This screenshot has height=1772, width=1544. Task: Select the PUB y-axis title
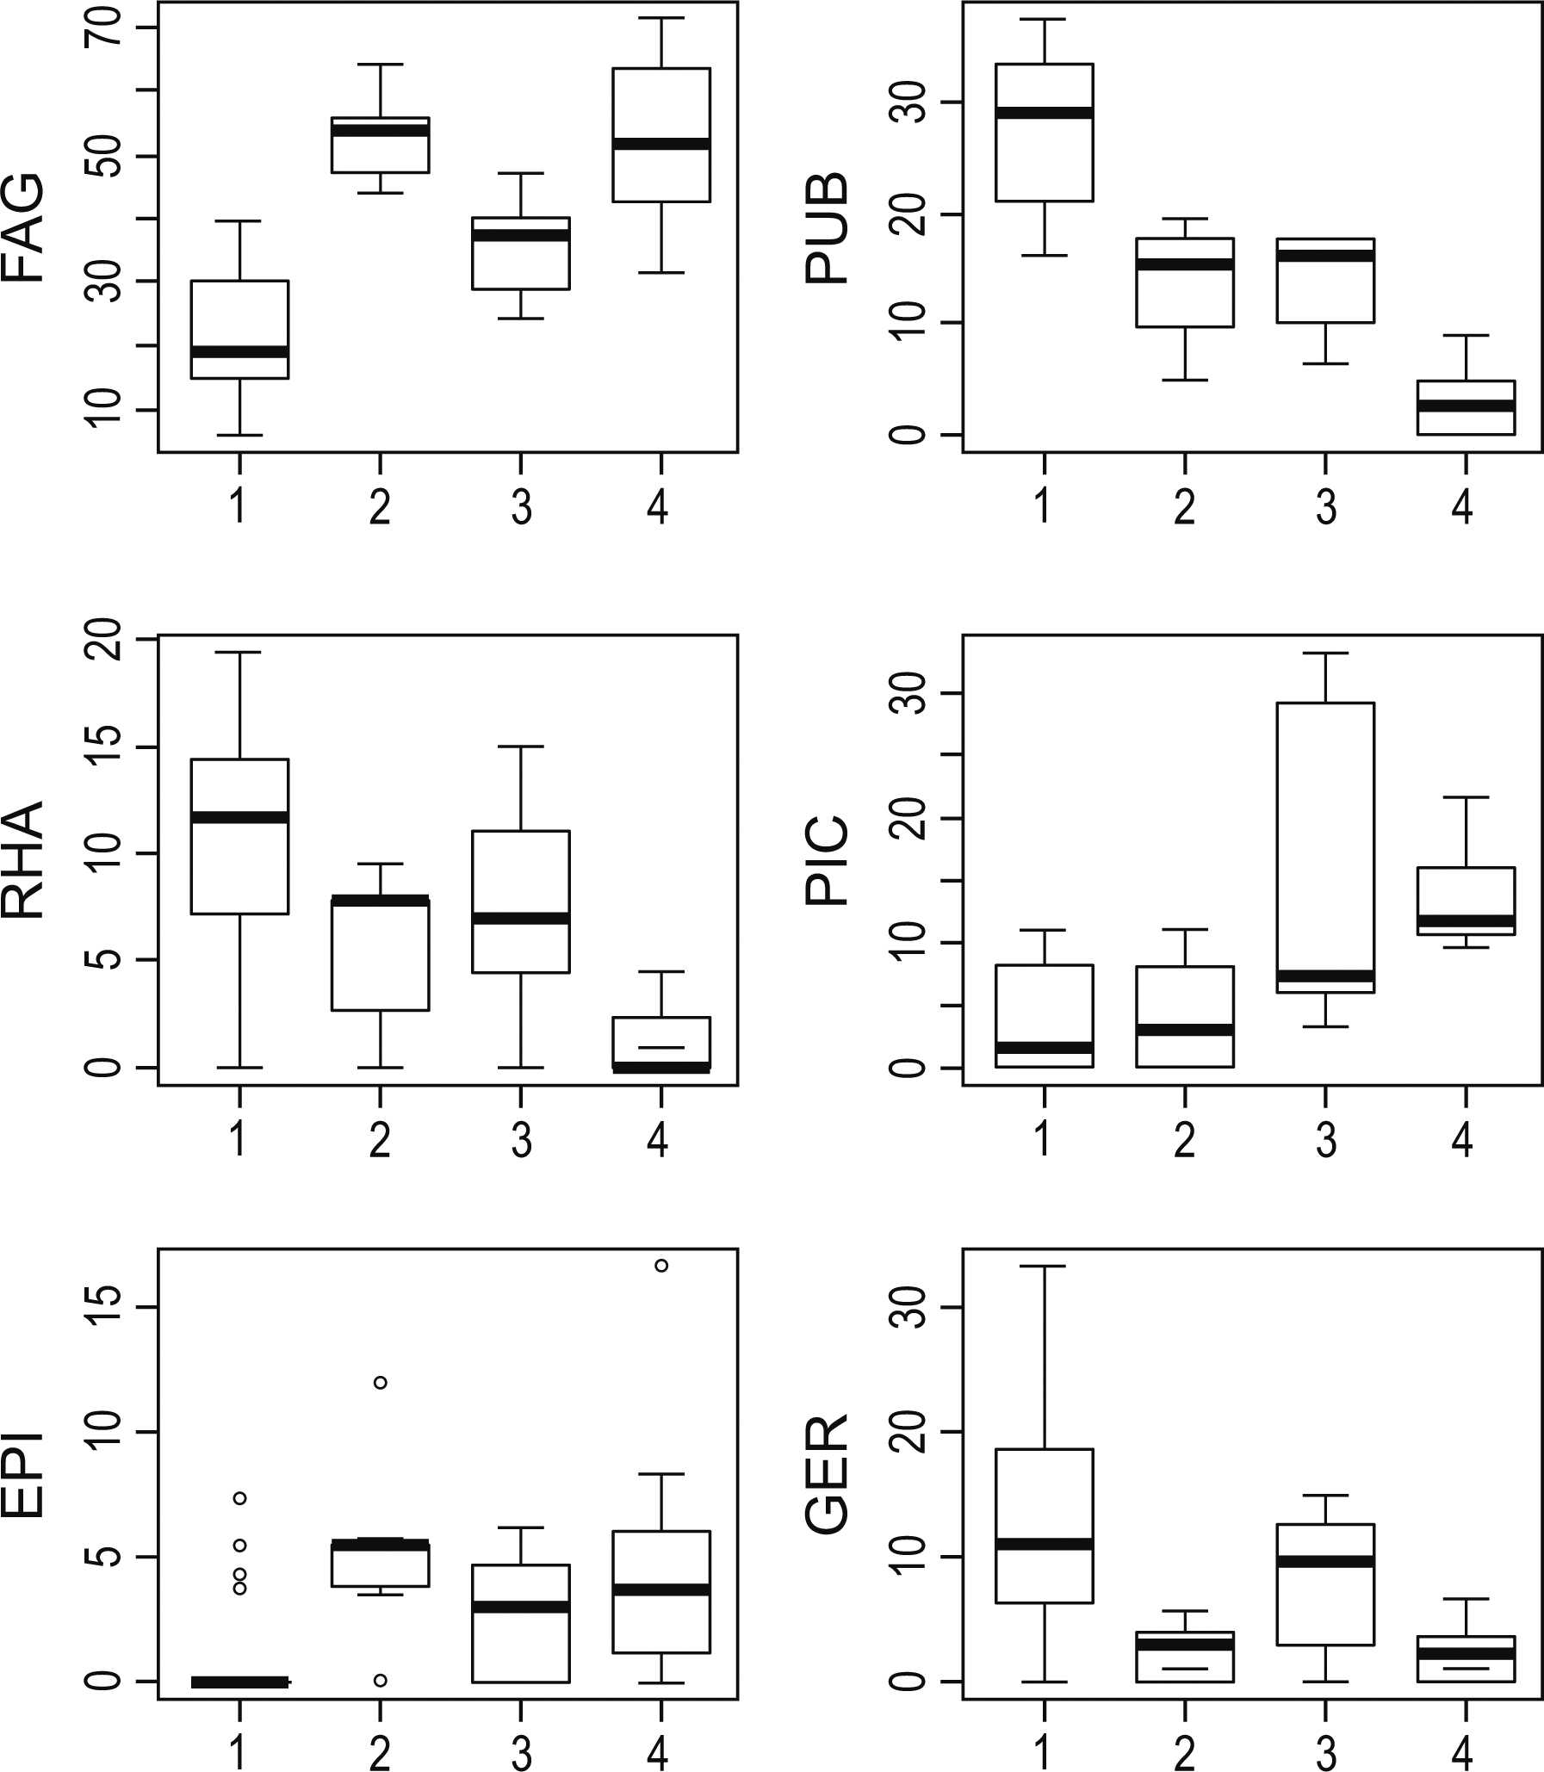click(828, 228)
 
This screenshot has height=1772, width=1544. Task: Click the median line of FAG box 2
click(380, 130)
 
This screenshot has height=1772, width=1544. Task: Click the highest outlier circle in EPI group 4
click(660, 1266)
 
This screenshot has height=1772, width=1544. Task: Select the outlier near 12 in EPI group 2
click(380, 1383)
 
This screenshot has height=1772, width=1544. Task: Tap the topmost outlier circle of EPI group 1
click(239, 1498)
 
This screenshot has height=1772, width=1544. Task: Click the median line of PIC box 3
click(1325, 976)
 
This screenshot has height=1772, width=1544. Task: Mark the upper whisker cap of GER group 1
click(1045, 1267)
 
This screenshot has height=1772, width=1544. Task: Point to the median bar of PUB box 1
click(1045, 113)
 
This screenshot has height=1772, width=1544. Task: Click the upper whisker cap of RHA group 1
click(239, 652)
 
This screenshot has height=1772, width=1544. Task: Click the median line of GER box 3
click(1325, 1561)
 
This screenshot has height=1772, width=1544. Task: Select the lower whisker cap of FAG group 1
click(239, 435)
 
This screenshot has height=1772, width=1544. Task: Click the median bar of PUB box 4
click(1466, 406)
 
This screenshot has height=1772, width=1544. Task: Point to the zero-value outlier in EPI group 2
click(380, 1680)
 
